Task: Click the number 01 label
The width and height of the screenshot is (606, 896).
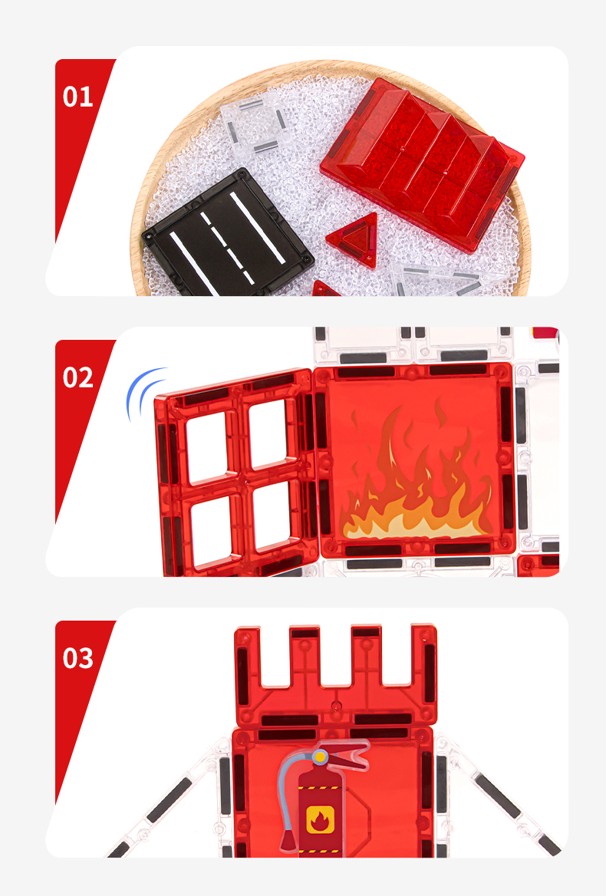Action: click(77, 97)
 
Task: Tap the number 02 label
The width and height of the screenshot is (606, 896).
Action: click(77, 377)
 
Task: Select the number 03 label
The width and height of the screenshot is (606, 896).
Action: click(77, 657)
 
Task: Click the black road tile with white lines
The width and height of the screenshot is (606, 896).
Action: click(227, 235)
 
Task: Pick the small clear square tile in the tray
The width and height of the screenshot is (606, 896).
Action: click(255, 124)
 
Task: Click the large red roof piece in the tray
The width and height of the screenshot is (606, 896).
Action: click(422, 165)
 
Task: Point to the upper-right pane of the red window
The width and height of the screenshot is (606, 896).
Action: click(268, 433)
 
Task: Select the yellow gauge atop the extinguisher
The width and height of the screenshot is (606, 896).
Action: click(320, 757)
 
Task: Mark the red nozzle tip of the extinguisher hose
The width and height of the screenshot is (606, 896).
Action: click(288, 842)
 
